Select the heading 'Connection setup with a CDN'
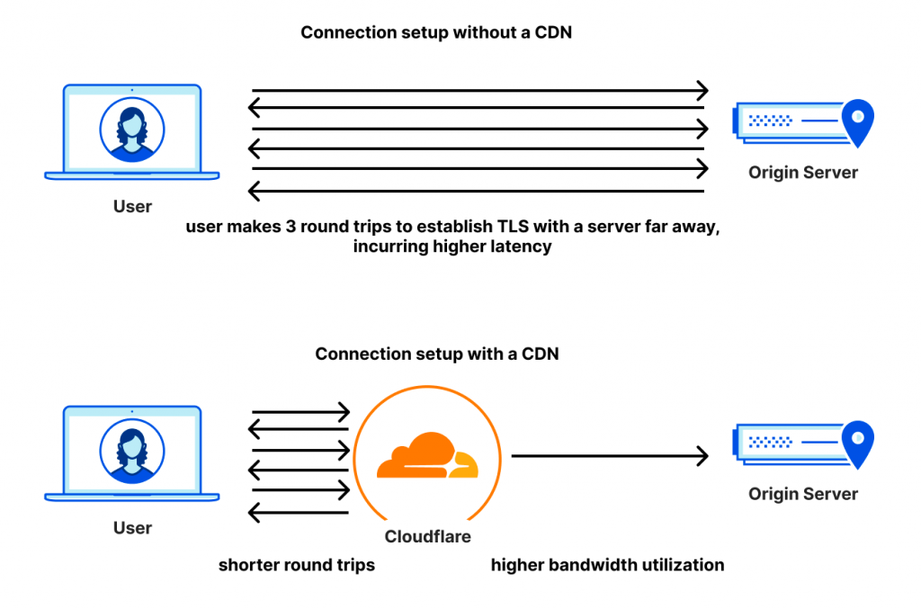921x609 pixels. [436, 354]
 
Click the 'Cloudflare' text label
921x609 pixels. [427, 537]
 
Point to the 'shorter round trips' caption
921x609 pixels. [297, 566]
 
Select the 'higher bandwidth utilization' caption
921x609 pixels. [607, 566]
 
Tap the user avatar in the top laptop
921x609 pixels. [132, 130]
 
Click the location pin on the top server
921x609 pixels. [859, 121]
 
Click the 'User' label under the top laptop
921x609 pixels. [132, 207]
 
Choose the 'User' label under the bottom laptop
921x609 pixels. [132, 528]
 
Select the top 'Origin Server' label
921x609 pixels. [803, 173]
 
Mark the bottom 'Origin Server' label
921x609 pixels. [803, 494]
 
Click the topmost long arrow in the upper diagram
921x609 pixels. [479, 90]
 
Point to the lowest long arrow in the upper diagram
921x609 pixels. [479, 190]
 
